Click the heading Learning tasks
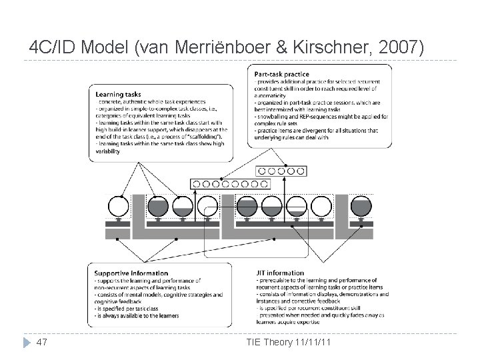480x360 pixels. click(118, 94)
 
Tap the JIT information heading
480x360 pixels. click(281, 273)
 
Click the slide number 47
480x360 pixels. click(42, 343)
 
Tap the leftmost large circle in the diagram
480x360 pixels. click(118, 206)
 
